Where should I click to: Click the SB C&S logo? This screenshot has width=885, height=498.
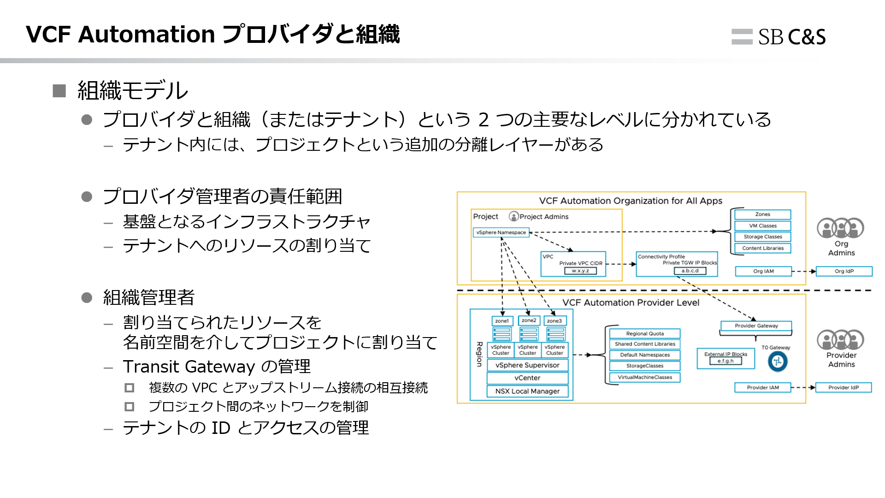[779, 37]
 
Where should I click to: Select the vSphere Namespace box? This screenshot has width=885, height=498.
[501, 232]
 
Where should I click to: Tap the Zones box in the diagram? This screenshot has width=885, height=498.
[762, 214]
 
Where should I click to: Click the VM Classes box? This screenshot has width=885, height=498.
[762, 225]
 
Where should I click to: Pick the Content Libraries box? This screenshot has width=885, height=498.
[762, 248]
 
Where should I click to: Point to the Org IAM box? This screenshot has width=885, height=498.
[763, 271]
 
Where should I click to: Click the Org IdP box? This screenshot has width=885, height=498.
[844, 271]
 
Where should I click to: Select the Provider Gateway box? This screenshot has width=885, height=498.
[756, 326]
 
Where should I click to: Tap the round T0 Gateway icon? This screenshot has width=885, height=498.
[778, 361]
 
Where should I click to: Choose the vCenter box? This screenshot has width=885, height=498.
[527, 378]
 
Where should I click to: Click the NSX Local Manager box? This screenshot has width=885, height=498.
[527, 391]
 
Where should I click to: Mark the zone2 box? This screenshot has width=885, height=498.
[529, 320]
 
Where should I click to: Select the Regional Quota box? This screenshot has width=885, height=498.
[645, 333]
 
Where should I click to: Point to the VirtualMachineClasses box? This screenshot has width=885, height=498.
[645, 377]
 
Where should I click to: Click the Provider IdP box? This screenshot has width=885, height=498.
[844, 387]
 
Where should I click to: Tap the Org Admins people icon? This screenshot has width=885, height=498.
[841, 228]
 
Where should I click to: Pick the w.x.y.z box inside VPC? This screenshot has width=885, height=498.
[580, 271]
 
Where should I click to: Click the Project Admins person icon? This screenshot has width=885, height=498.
[513, 216]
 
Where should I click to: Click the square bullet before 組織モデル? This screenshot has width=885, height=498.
[59, 90]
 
